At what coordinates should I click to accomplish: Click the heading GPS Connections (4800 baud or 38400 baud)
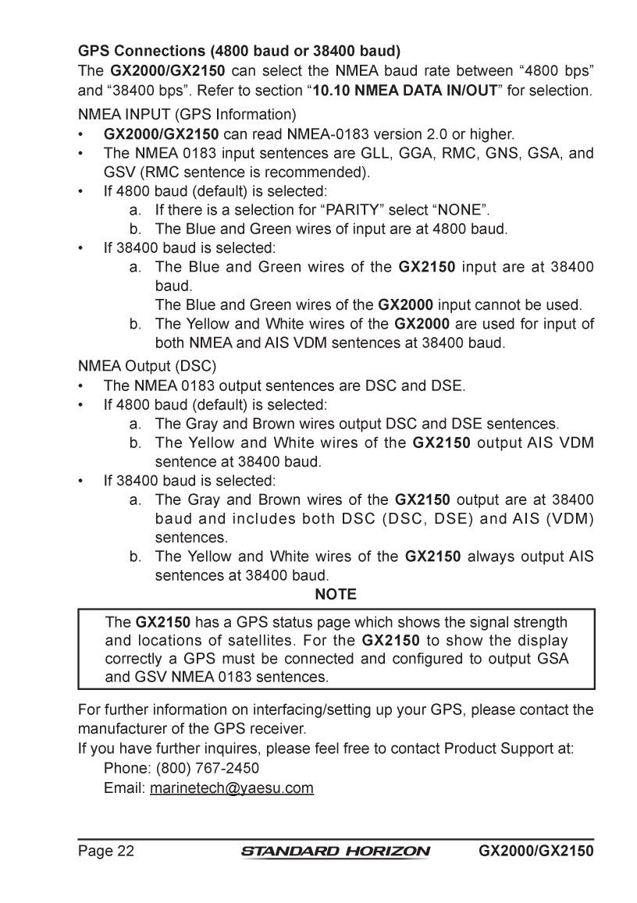point(239,52)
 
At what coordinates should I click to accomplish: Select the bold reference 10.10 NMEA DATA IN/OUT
point(405,91)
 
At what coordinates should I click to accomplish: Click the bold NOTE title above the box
point(336,595)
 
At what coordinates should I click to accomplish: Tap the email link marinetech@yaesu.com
point(232,788)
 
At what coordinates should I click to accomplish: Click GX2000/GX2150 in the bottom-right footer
point(536,850)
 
